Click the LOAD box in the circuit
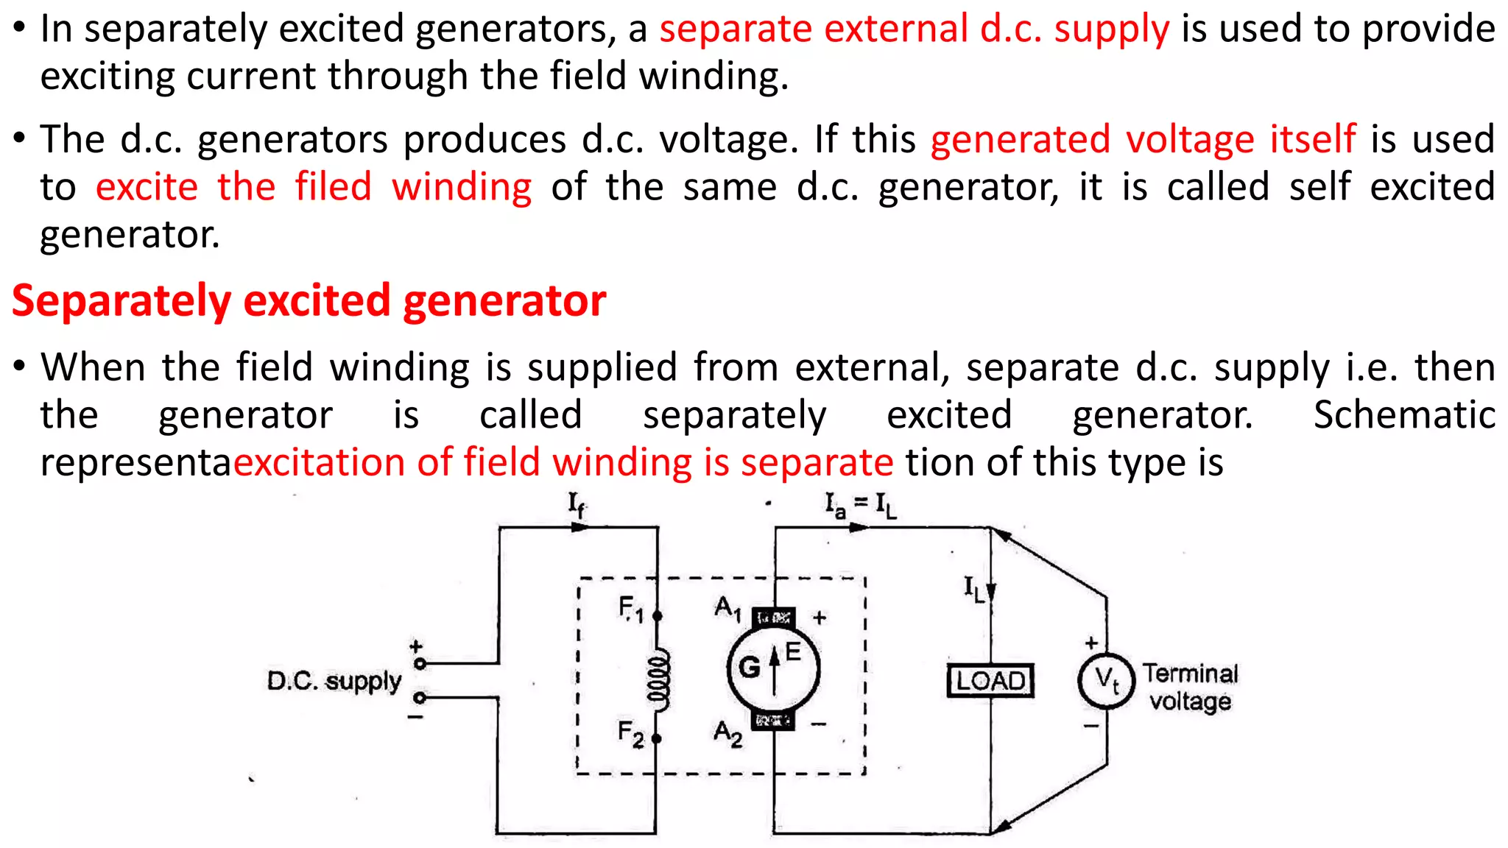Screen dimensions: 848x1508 (x=990, y=680)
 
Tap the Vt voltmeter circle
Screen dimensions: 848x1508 (x=1106, y=680)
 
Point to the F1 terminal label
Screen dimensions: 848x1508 (x=631, y=609)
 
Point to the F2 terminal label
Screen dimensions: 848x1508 (x=631, y=733)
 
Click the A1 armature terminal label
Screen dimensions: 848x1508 (x=727, y=609)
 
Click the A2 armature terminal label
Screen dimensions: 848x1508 (x=727, y=733)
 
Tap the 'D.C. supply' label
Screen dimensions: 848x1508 (x=334, y=681)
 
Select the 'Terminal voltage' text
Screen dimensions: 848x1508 (x=1190, y=687)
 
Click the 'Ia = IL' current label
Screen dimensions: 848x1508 (x=860, y=506)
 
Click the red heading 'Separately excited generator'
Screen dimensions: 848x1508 (x=309, y=301)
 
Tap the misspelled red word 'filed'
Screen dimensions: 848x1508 (x=334, y=187)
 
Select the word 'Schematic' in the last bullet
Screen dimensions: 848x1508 (x=1404, y=415)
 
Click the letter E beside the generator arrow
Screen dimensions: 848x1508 (x=793, y=651)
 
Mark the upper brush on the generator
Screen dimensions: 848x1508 (x=773, y=617)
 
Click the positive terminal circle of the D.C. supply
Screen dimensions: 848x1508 (x=420, y=663)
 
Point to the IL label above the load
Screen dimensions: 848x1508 (x=974, y=589)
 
